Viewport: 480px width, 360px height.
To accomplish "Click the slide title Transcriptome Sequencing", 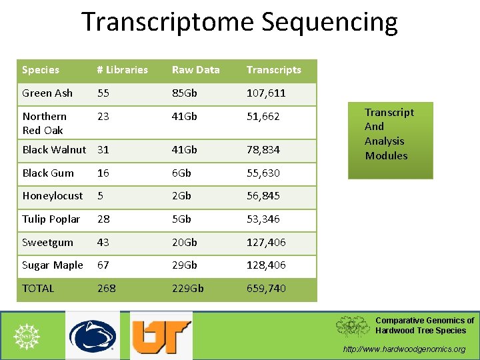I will (239, 22).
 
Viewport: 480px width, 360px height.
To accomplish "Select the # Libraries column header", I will (122, 70).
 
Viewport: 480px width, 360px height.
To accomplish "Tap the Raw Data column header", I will (195, 70).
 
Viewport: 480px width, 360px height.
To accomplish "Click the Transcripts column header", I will (273, 70).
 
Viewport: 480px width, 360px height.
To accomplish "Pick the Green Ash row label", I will (47, 93).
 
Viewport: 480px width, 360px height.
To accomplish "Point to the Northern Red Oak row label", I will (44, 123).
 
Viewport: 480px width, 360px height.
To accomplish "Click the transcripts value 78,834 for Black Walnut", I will (263, 150).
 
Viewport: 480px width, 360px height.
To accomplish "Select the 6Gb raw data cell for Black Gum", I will (181, 173).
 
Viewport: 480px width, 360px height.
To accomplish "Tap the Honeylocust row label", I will (53, 196).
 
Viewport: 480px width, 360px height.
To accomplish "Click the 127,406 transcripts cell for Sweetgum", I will (266, 243).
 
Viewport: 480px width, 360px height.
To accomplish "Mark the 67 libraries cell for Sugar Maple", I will (103, 265).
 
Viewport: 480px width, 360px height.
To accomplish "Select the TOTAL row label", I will (38, 289).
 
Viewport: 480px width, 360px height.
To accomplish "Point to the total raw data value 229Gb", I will (188, 289).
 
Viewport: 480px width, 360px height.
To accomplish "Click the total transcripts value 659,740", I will (266, 289).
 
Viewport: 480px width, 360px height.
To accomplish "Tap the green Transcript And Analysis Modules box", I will (390, 140).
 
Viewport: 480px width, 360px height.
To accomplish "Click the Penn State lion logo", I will (93, 335).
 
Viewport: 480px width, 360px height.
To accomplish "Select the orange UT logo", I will (161, 335).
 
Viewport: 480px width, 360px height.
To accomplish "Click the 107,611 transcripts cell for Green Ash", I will (266, 93).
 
